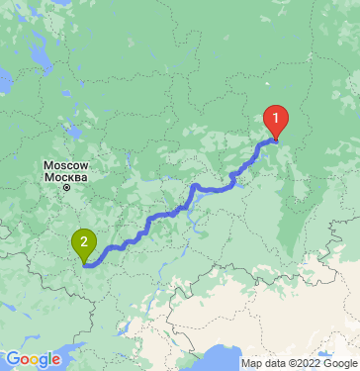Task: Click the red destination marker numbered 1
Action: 277,120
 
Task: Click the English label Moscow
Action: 66,166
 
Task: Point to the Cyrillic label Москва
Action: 66,177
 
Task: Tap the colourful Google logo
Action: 33,359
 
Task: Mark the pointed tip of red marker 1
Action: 277,138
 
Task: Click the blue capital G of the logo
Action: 13,359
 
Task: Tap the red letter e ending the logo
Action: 55,361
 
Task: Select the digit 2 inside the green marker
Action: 85,240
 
